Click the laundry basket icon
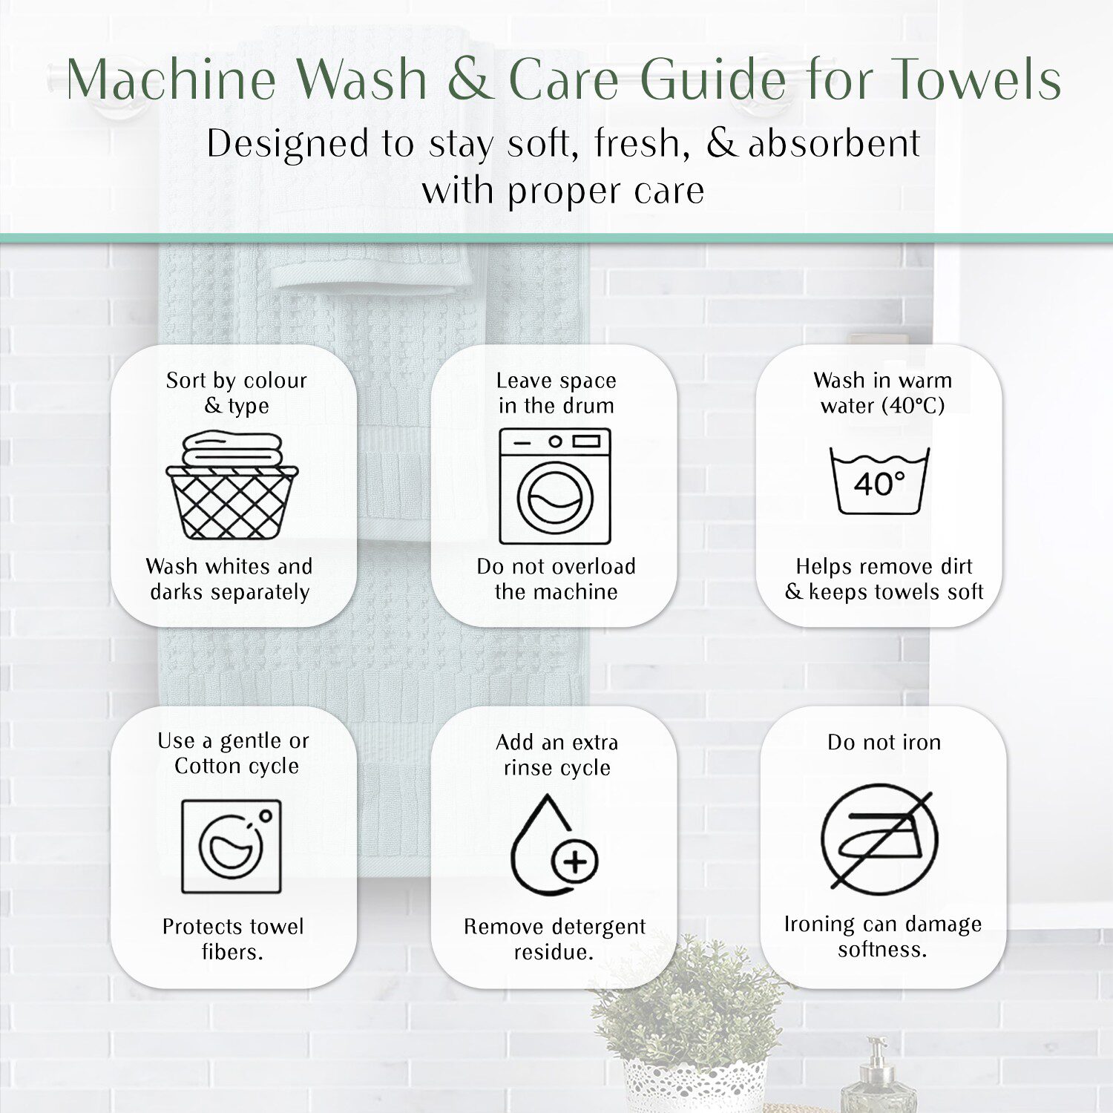232,486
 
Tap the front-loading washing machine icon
555,486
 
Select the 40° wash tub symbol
879,481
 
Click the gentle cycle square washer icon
232,846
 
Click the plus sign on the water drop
575,861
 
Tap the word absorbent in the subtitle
834,143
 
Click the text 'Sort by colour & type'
236,393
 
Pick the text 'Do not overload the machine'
556,579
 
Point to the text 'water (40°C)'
882,406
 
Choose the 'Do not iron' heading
884,742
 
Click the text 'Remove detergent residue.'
554,939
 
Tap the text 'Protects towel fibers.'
233,939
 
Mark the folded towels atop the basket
232,450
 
